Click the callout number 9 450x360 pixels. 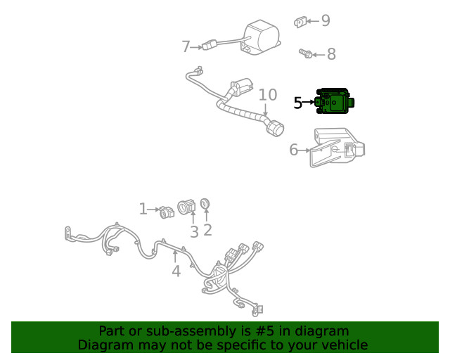(325, 20)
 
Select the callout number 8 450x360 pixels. (330, 54)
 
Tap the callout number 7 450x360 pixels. (186, 47)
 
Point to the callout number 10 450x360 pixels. (267, 95)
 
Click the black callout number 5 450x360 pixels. (298, 103)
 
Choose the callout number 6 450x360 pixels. (294, 150)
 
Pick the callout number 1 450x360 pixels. (143, 209)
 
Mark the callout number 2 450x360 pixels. (207, 229)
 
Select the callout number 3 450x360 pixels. (194, 231)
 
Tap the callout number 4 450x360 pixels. (176, 271)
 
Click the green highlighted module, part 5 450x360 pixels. (335, 103)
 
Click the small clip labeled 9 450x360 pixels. (300, 22)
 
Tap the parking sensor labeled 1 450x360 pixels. (167, 211)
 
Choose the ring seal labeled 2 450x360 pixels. (205, 204)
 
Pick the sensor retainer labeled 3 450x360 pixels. (187, 207)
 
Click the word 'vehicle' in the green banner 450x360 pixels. (343, 345)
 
